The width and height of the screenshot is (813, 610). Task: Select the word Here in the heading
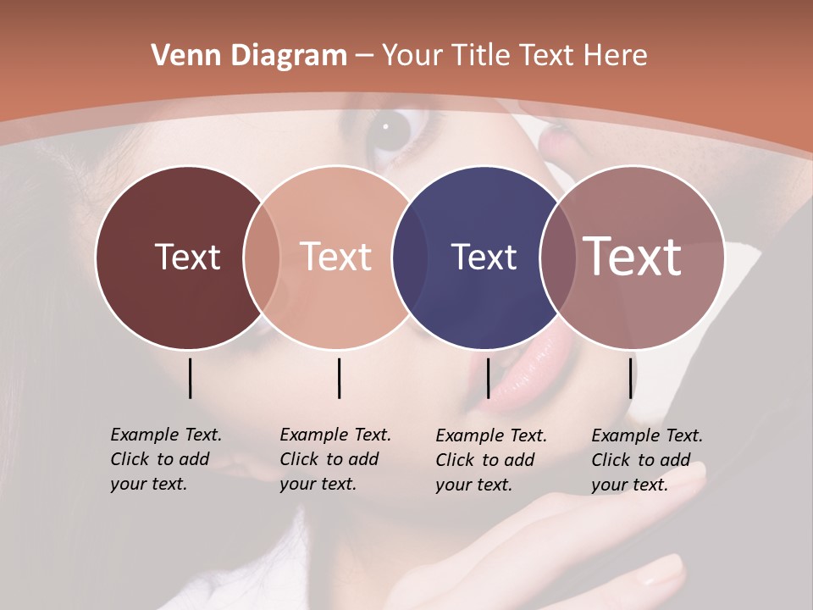click(617, 55)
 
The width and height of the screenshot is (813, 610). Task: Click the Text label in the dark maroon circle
click(187, 257)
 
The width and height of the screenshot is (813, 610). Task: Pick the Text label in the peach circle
click(336, 257)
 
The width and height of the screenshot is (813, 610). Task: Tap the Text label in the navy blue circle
click(484, 257)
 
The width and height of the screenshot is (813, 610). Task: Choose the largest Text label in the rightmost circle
click(633, 257)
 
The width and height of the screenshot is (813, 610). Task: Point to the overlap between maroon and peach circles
click(262, 257)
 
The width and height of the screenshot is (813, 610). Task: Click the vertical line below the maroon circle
click(191, 378)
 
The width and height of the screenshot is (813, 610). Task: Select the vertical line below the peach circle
click(339, 378)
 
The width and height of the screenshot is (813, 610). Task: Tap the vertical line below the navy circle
click(488, 378)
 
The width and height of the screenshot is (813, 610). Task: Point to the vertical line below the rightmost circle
click(631, 378)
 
